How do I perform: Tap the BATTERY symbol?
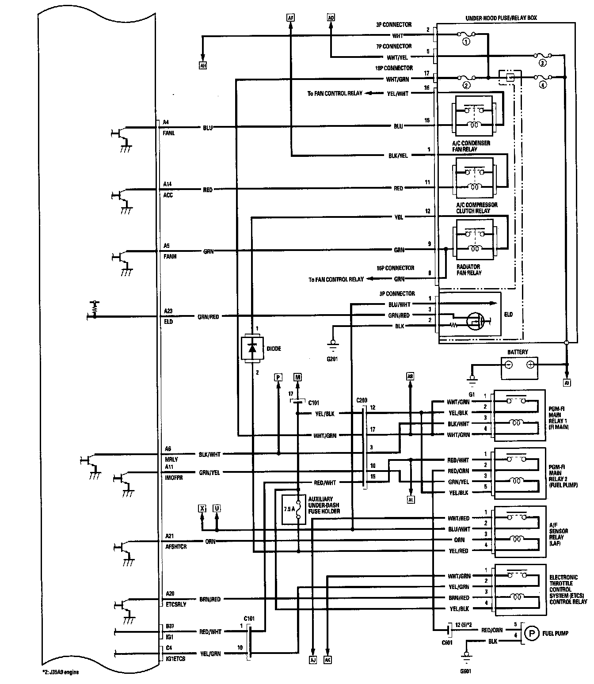519,365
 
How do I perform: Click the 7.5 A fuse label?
289,509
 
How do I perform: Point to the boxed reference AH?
203,66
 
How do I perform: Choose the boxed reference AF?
290,18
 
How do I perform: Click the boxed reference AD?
331,18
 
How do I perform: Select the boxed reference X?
202,508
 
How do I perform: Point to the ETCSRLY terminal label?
176,604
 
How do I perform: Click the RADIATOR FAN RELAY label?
468,270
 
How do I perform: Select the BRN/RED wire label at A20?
210,600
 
